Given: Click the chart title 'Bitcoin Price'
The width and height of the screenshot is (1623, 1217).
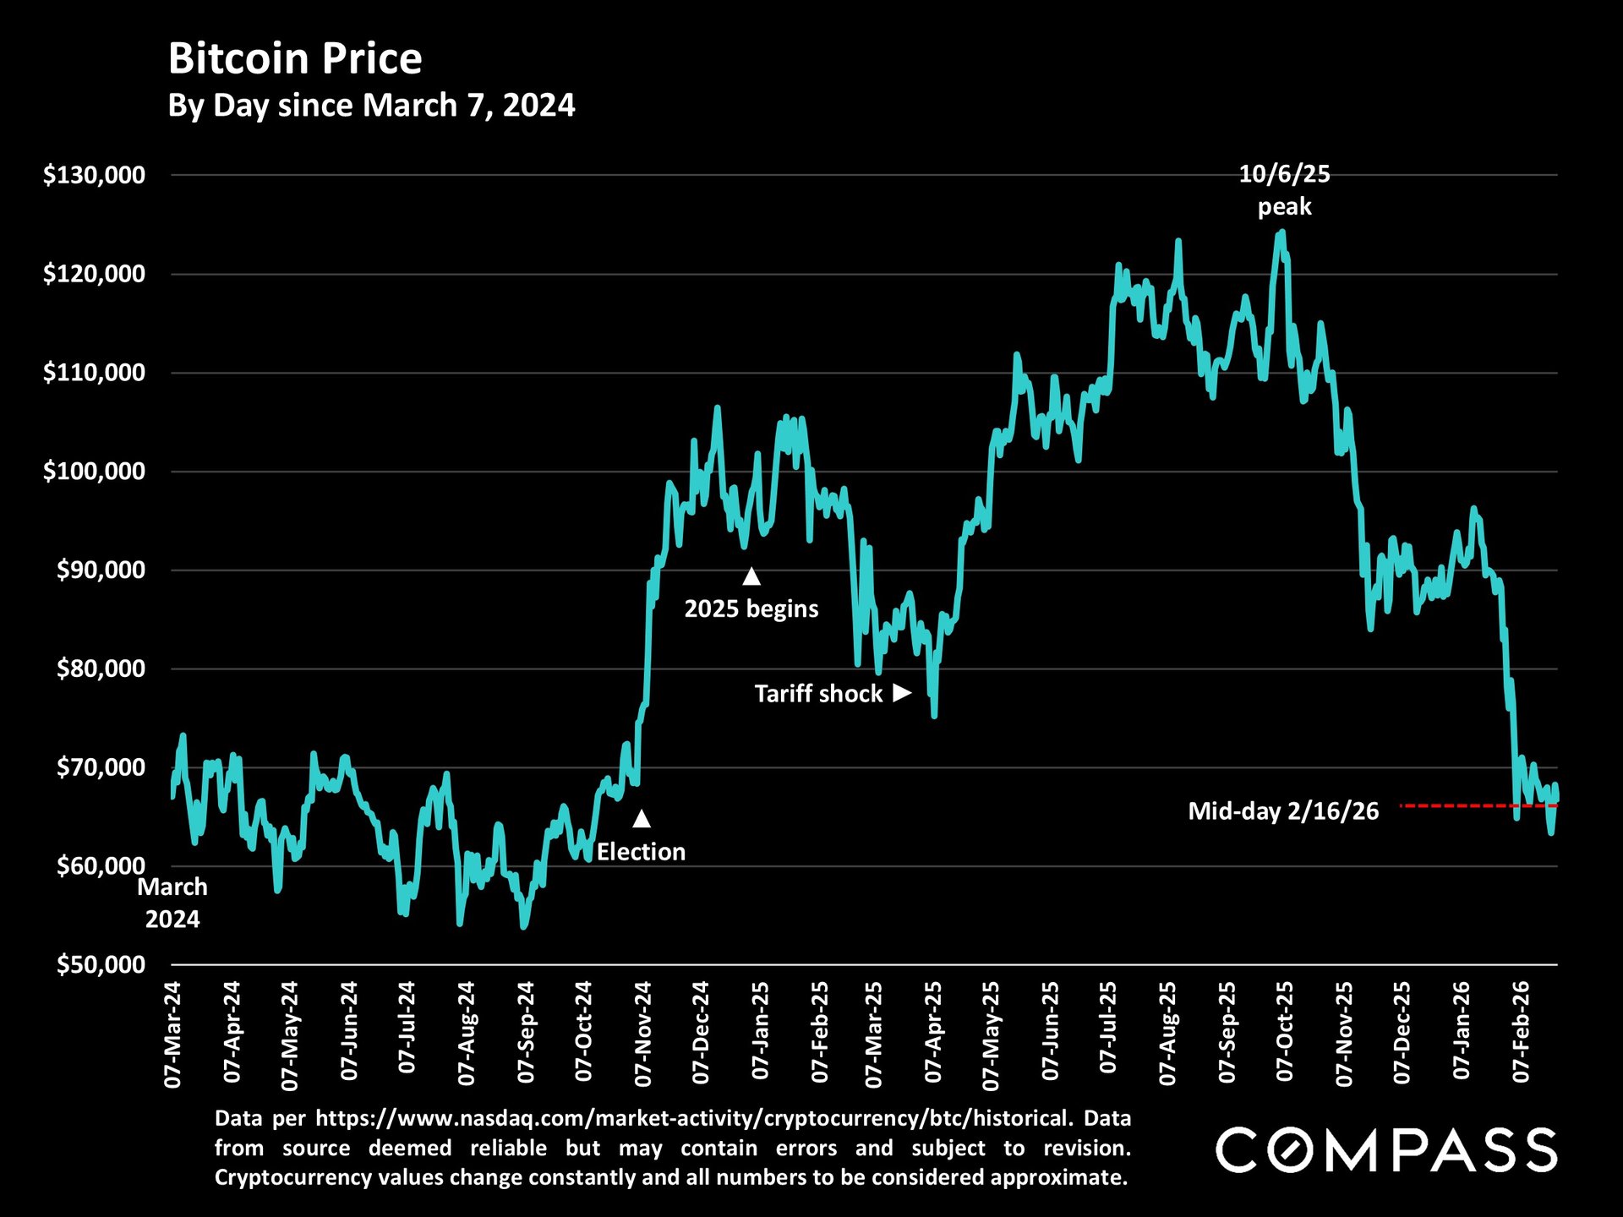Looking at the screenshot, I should point(295,59).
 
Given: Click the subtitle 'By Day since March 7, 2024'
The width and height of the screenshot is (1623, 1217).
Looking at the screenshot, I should point(371,106).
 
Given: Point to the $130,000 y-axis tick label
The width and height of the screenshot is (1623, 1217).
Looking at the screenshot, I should point(94,175).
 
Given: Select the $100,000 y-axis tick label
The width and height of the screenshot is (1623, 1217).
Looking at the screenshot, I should point(94,471).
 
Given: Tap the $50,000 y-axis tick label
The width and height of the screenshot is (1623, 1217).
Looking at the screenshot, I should point(101,964).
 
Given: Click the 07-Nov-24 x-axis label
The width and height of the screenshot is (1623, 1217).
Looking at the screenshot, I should point(642,1033).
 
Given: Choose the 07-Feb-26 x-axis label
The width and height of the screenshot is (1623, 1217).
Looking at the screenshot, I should point(1522,1031).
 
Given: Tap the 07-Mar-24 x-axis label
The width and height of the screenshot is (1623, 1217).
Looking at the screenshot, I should point(172,1033).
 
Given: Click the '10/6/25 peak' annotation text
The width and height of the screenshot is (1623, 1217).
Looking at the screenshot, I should point(1284,190).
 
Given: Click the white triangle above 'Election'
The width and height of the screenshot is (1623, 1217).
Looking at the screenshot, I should point(642,818).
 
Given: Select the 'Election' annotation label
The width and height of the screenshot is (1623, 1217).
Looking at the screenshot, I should point(641,852).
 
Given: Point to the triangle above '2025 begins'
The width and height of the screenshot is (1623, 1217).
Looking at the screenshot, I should point(751,576).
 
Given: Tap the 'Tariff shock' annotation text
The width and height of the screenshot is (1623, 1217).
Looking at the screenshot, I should point(818,694).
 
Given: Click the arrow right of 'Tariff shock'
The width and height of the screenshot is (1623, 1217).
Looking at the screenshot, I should point(902,693).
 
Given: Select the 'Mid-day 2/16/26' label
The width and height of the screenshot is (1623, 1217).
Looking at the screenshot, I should point(1282,811).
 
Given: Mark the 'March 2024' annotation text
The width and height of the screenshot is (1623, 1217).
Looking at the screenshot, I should point(172,903).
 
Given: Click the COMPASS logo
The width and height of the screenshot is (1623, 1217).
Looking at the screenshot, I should point(1385,1149).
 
